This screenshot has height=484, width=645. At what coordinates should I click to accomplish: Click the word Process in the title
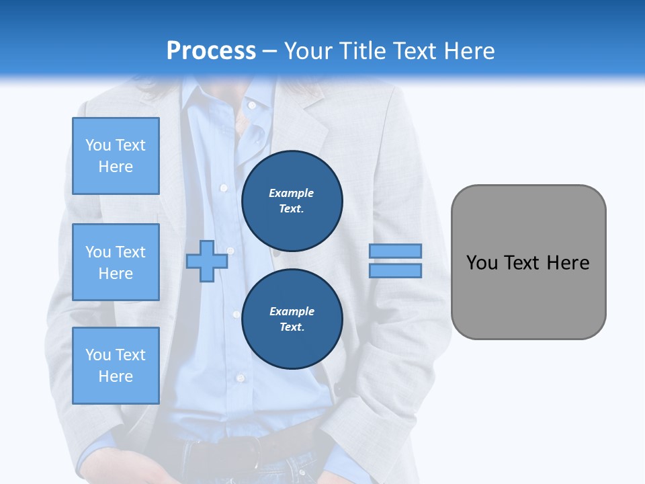[211, 51]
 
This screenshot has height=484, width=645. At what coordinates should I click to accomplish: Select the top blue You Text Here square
[116, 156]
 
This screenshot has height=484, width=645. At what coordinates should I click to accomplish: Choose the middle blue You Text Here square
[116, 262]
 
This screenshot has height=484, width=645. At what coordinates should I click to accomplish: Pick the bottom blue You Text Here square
[116, 366]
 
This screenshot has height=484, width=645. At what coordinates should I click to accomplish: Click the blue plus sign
[207, 261]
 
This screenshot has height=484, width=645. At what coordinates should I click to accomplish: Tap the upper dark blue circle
[292, 201]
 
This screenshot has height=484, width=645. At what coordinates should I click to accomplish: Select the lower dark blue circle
[292, 319]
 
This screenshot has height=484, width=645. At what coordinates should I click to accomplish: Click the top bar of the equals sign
[396, 251]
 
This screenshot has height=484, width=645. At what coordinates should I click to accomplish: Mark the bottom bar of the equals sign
[396, 270]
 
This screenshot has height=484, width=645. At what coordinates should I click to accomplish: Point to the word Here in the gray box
[568, 263]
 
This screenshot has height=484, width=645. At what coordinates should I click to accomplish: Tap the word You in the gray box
[481, 263]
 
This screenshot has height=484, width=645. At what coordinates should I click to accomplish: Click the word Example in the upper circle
[292, 193]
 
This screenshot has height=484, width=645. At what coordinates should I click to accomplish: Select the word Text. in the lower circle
[292, 327]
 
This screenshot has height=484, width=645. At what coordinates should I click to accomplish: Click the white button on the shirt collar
[252, 105]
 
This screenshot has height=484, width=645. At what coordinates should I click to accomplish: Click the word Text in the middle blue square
[130, 252]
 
